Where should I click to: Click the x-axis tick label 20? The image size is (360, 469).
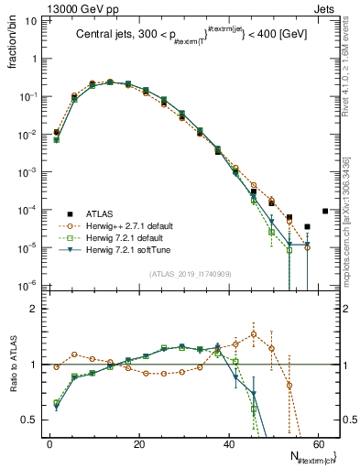tap(138, 443)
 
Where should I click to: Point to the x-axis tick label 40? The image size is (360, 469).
tap(227, 443)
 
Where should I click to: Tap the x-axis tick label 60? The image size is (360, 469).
tap(316, 443)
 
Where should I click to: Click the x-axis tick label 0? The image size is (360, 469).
tap(49, 443)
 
